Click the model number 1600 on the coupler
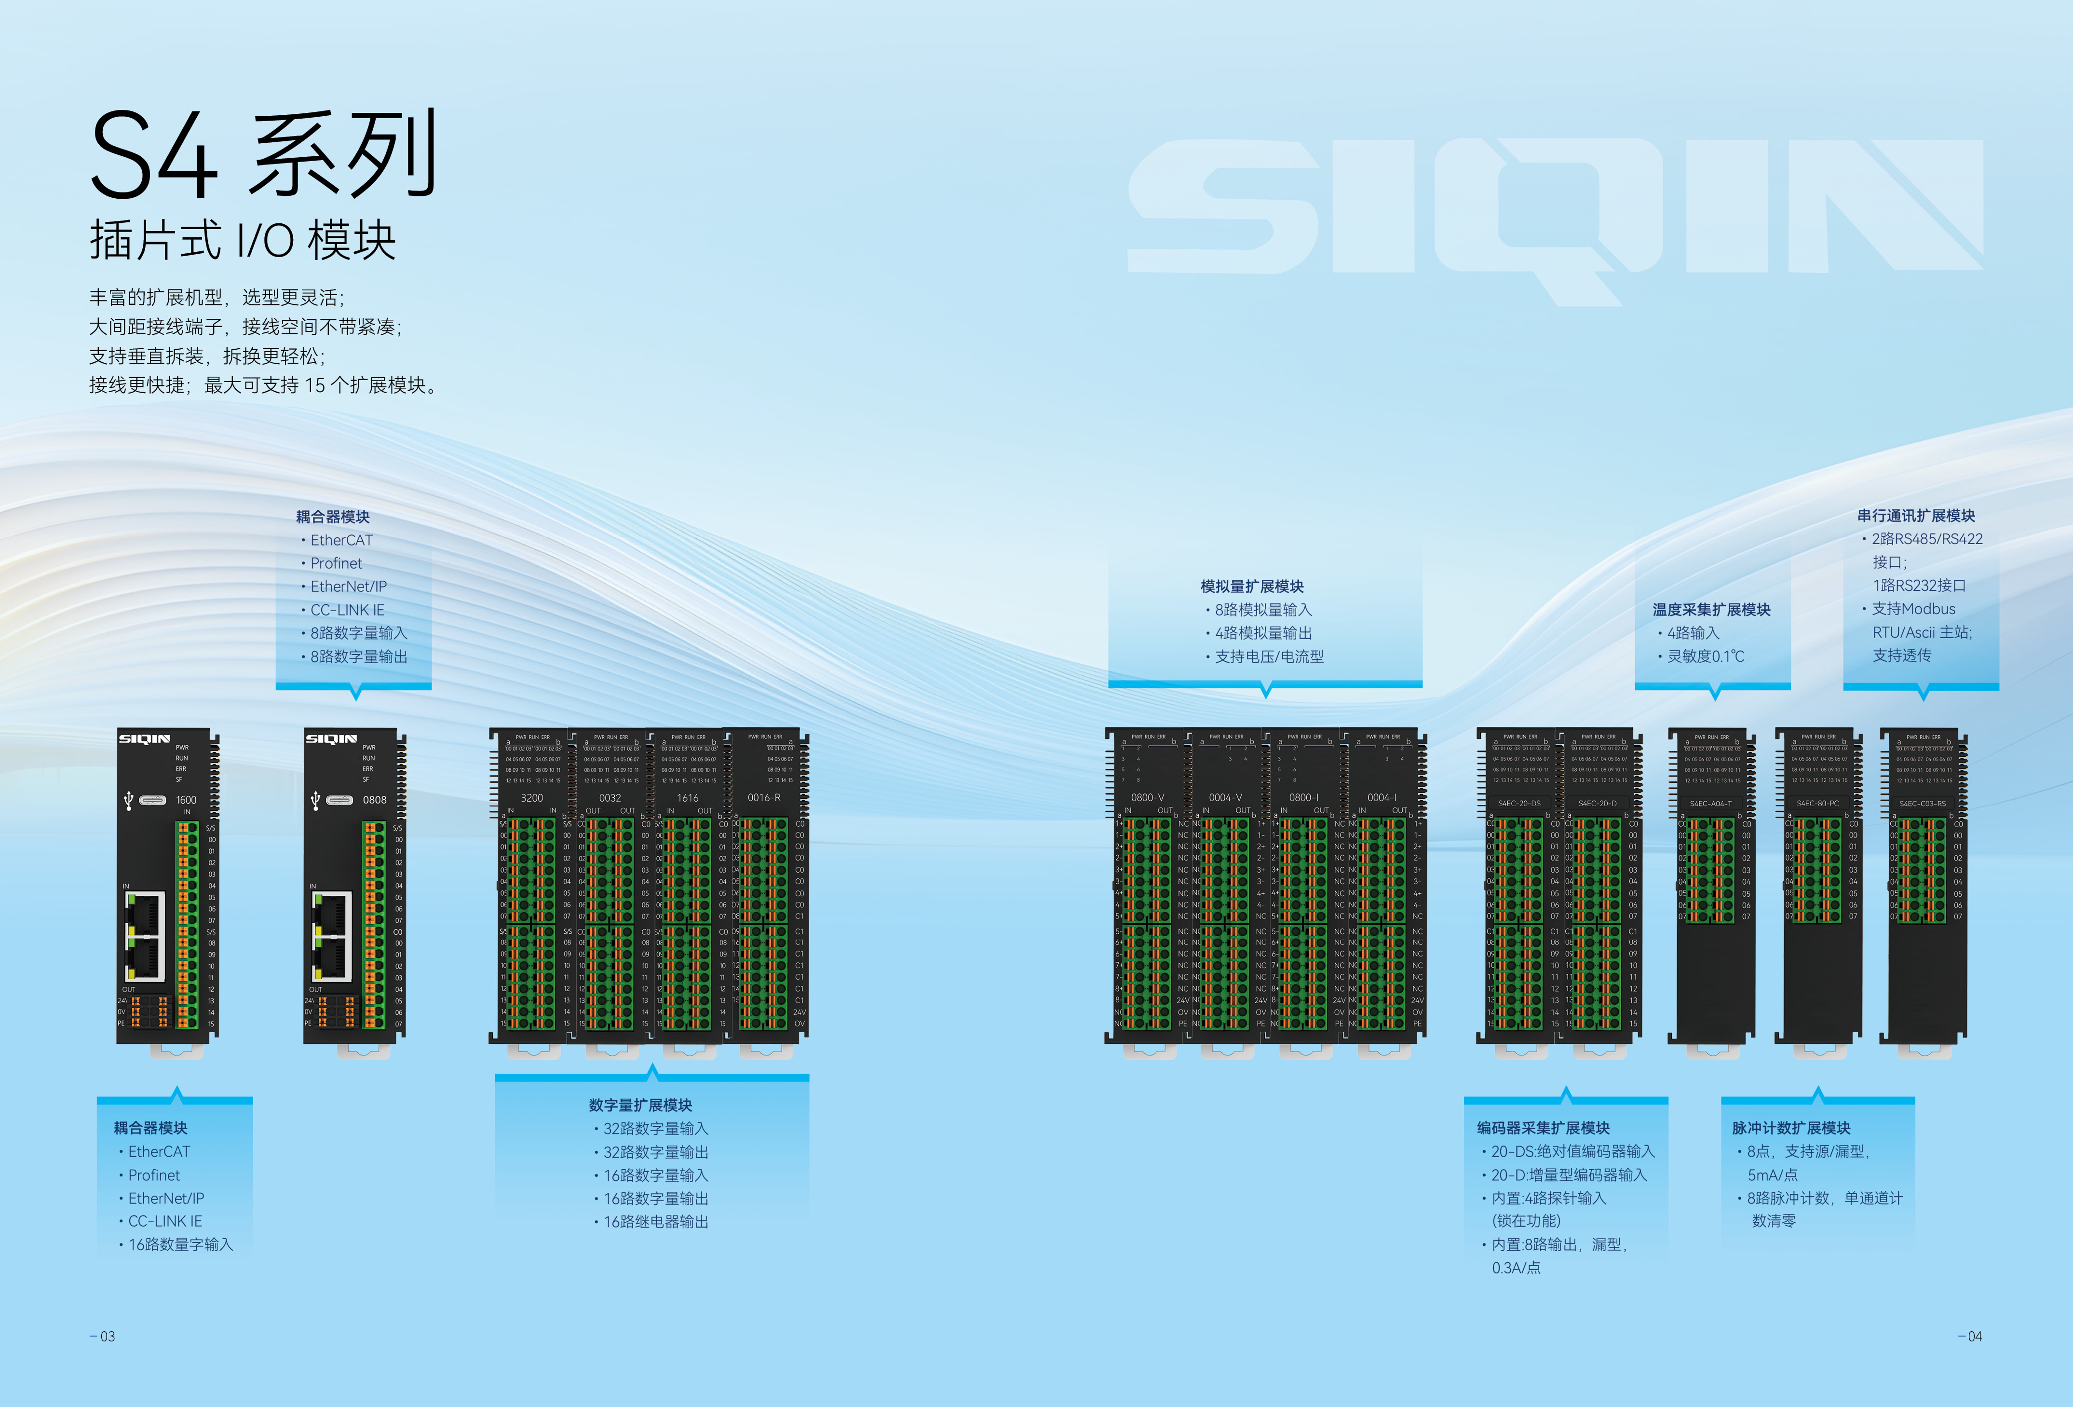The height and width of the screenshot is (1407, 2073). click(187, 800)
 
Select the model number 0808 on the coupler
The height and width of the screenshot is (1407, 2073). click(375, 800)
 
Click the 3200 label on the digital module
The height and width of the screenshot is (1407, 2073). click(531, 798)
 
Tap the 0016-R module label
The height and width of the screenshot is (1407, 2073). click(763, 798)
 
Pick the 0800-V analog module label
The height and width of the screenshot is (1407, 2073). click(1147, 798)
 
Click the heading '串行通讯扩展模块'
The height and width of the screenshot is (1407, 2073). click(1916, 516)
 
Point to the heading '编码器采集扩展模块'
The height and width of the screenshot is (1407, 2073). click(1543, 1128)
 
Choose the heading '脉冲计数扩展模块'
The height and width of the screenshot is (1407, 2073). click(1791, 1128)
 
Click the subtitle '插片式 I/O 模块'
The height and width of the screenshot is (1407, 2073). click(243, 241)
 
